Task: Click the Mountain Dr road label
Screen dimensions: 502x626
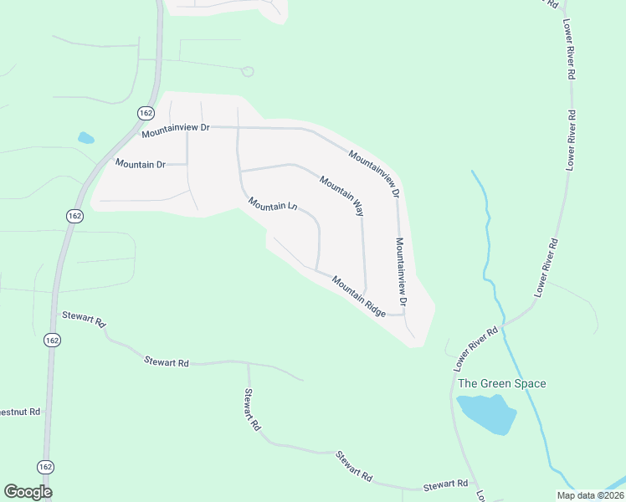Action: (141, 164)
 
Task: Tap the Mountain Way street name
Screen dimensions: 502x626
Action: (341, 196)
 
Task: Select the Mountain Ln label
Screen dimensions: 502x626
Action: (273, 205)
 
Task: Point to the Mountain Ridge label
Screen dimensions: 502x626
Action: (358, 296)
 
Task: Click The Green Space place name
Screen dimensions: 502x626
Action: (502, 384)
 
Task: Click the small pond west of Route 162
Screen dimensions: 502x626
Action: (85, 138)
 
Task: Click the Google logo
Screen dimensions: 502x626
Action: (28, 492)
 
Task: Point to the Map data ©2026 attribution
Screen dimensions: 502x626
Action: (589, 495)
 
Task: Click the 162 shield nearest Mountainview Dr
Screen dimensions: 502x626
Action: (145, 111)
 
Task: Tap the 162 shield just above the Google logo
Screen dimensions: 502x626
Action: (47, 465)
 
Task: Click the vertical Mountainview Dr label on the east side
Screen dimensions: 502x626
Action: (401, 270)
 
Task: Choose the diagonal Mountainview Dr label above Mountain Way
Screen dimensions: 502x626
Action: (374, 173)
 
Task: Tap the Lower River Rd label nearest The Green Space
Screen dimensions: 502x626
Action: (475, 349)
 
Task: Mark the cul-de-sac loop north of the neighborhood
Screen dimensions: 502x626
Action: (247, 71)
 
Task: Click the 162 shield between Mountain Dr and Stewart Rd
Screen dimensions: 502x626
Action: (75, 216)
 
